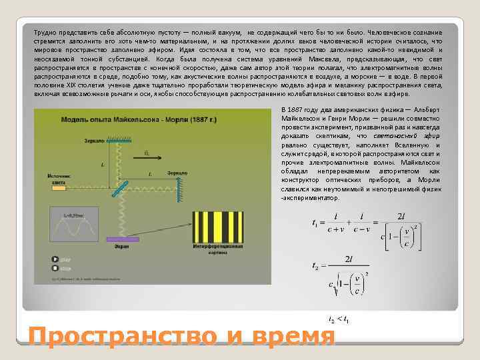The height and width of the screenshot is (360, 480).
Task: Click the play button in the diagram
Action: [56, 259]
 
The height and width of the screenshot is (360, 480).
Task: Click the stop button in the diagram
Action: [56, 268]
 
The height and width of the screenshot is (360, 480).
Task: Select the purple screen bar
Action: [120, 238]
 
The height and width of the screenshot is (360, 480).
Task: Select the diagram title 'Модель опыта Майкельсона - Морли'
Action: [123, 121]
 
